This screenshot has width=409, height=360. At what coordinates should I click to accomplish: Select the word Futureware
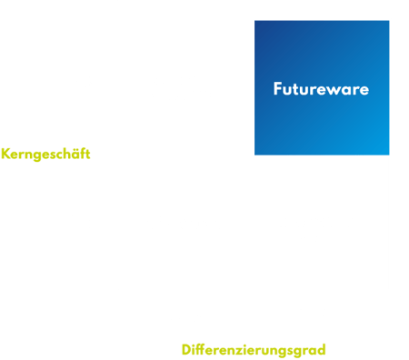[321, 89]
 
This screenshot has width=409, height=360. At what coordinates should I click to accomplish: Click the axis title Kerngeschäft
[45, 153]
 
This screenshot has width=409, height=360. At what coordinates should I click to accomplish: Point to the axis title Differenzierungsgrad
[254, 349]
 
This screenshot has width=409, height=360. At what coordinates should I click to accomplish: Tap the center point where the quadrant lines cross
[254, 155]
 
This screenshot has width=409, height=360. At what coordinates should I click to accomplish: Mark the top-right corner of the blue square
[390, 20]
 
